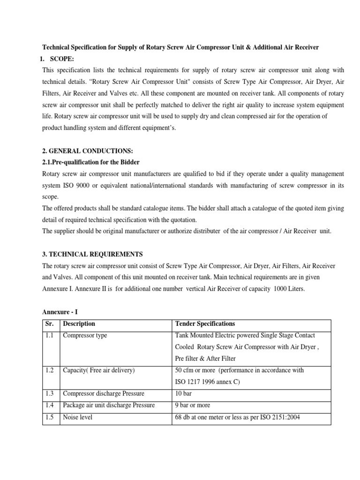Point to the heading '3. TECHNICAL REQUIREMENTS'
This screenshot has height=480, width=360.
(92, 254)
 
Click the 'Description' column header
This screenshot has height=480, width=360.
(79, 324)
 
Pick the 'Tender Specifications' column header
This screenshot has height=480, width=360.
(205, 324)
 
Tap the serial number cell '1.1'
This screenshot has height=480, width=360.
(50, 336)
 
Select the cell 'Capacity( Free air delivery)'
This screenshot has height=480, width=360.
(98, 370)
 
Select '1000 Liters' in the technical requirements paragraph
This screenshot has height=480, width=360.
(288, 289)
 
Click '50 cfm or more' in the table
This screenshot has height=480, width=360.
(195, 370)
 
